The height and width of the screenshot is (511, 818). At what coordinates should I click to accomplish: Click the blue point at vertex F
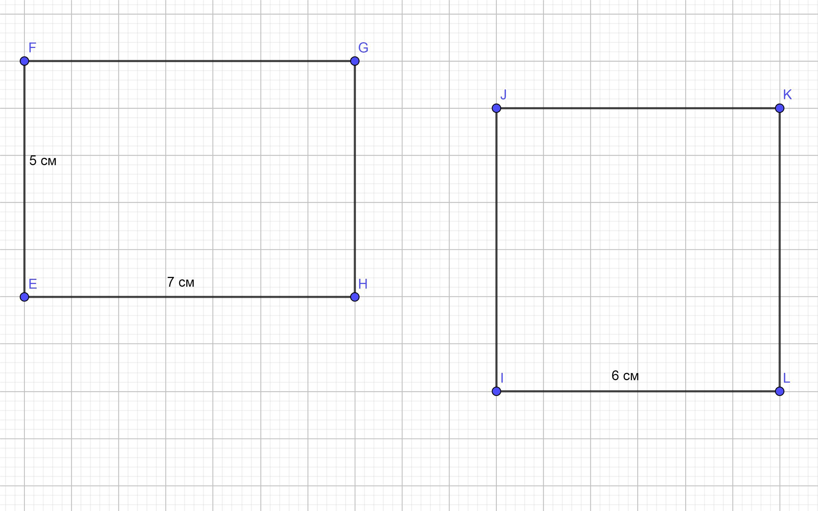coord(24,61)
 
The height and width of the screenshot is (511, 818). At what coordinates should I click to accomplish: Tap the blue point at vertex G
coord(354,61)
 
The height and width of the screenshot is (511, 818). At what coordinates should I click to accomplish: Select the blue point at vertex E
coord(24,297)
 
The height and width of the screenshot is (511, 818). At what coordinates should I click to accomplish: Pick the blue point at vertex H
coord(354,297)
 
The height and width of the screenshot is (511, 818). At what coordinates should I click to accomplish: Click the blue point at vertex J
coord(496,108)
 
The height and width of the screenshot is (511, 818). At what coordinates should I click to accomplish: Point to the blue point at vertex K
coord(780,108)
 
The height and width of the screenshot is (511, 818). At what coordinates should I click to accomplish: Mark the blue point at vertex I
coord(496,391)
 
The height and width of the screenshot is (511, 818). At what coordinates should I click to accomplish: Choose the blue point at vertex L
coord(780,391)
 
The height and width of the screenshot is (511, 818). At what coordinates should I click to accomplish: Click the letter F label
coord(32,48)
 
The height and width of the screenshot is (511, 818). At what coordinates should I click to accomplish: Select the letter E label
coord(32,284)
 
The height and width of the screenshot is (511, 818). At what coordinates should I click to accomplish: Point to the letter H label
coord(363,284)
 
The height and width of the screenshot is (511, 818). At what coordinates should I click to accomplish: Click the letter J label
coord(503,95)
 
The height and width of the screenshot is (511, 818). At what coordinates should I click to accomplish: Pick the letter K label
coord(787,95)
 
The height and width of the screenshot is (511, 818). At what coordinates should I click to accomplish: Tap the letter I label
coord(502,378)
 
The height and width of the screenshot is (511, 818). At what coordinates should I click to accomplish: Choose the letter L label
coord(787,378)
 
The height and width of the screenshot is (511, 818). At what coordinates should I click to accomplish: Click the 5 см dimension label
coord(43,161)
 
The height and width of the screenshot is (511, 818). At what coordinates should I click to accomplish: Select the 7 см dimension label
coord(181,282)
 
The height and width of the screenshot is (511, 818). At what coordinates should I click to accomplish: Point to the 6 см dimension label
coord(625,376)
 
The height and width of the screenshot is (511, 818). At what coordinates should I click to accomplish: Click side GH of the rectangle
coord(354,179)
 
